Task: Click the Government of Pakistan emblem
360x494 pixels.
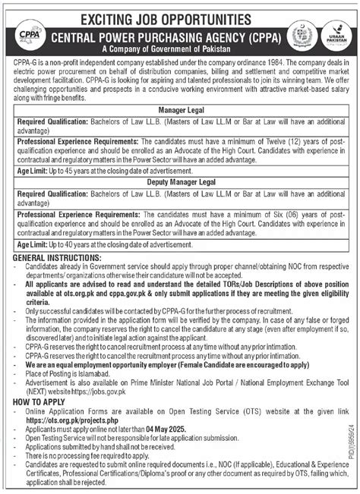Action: point(305,39)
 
